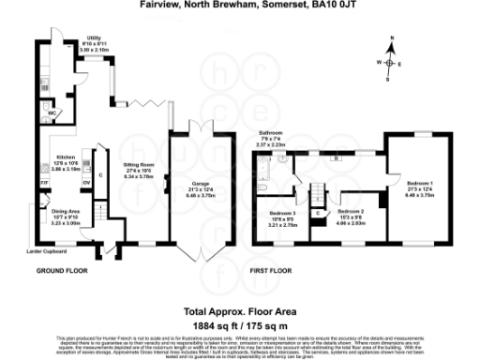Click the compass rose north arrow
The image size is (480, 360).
pos(392,52)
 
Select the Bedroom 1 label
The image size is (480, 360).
pos(419,183)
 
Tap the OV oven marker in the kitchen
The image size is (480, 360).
pos(86,182)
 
